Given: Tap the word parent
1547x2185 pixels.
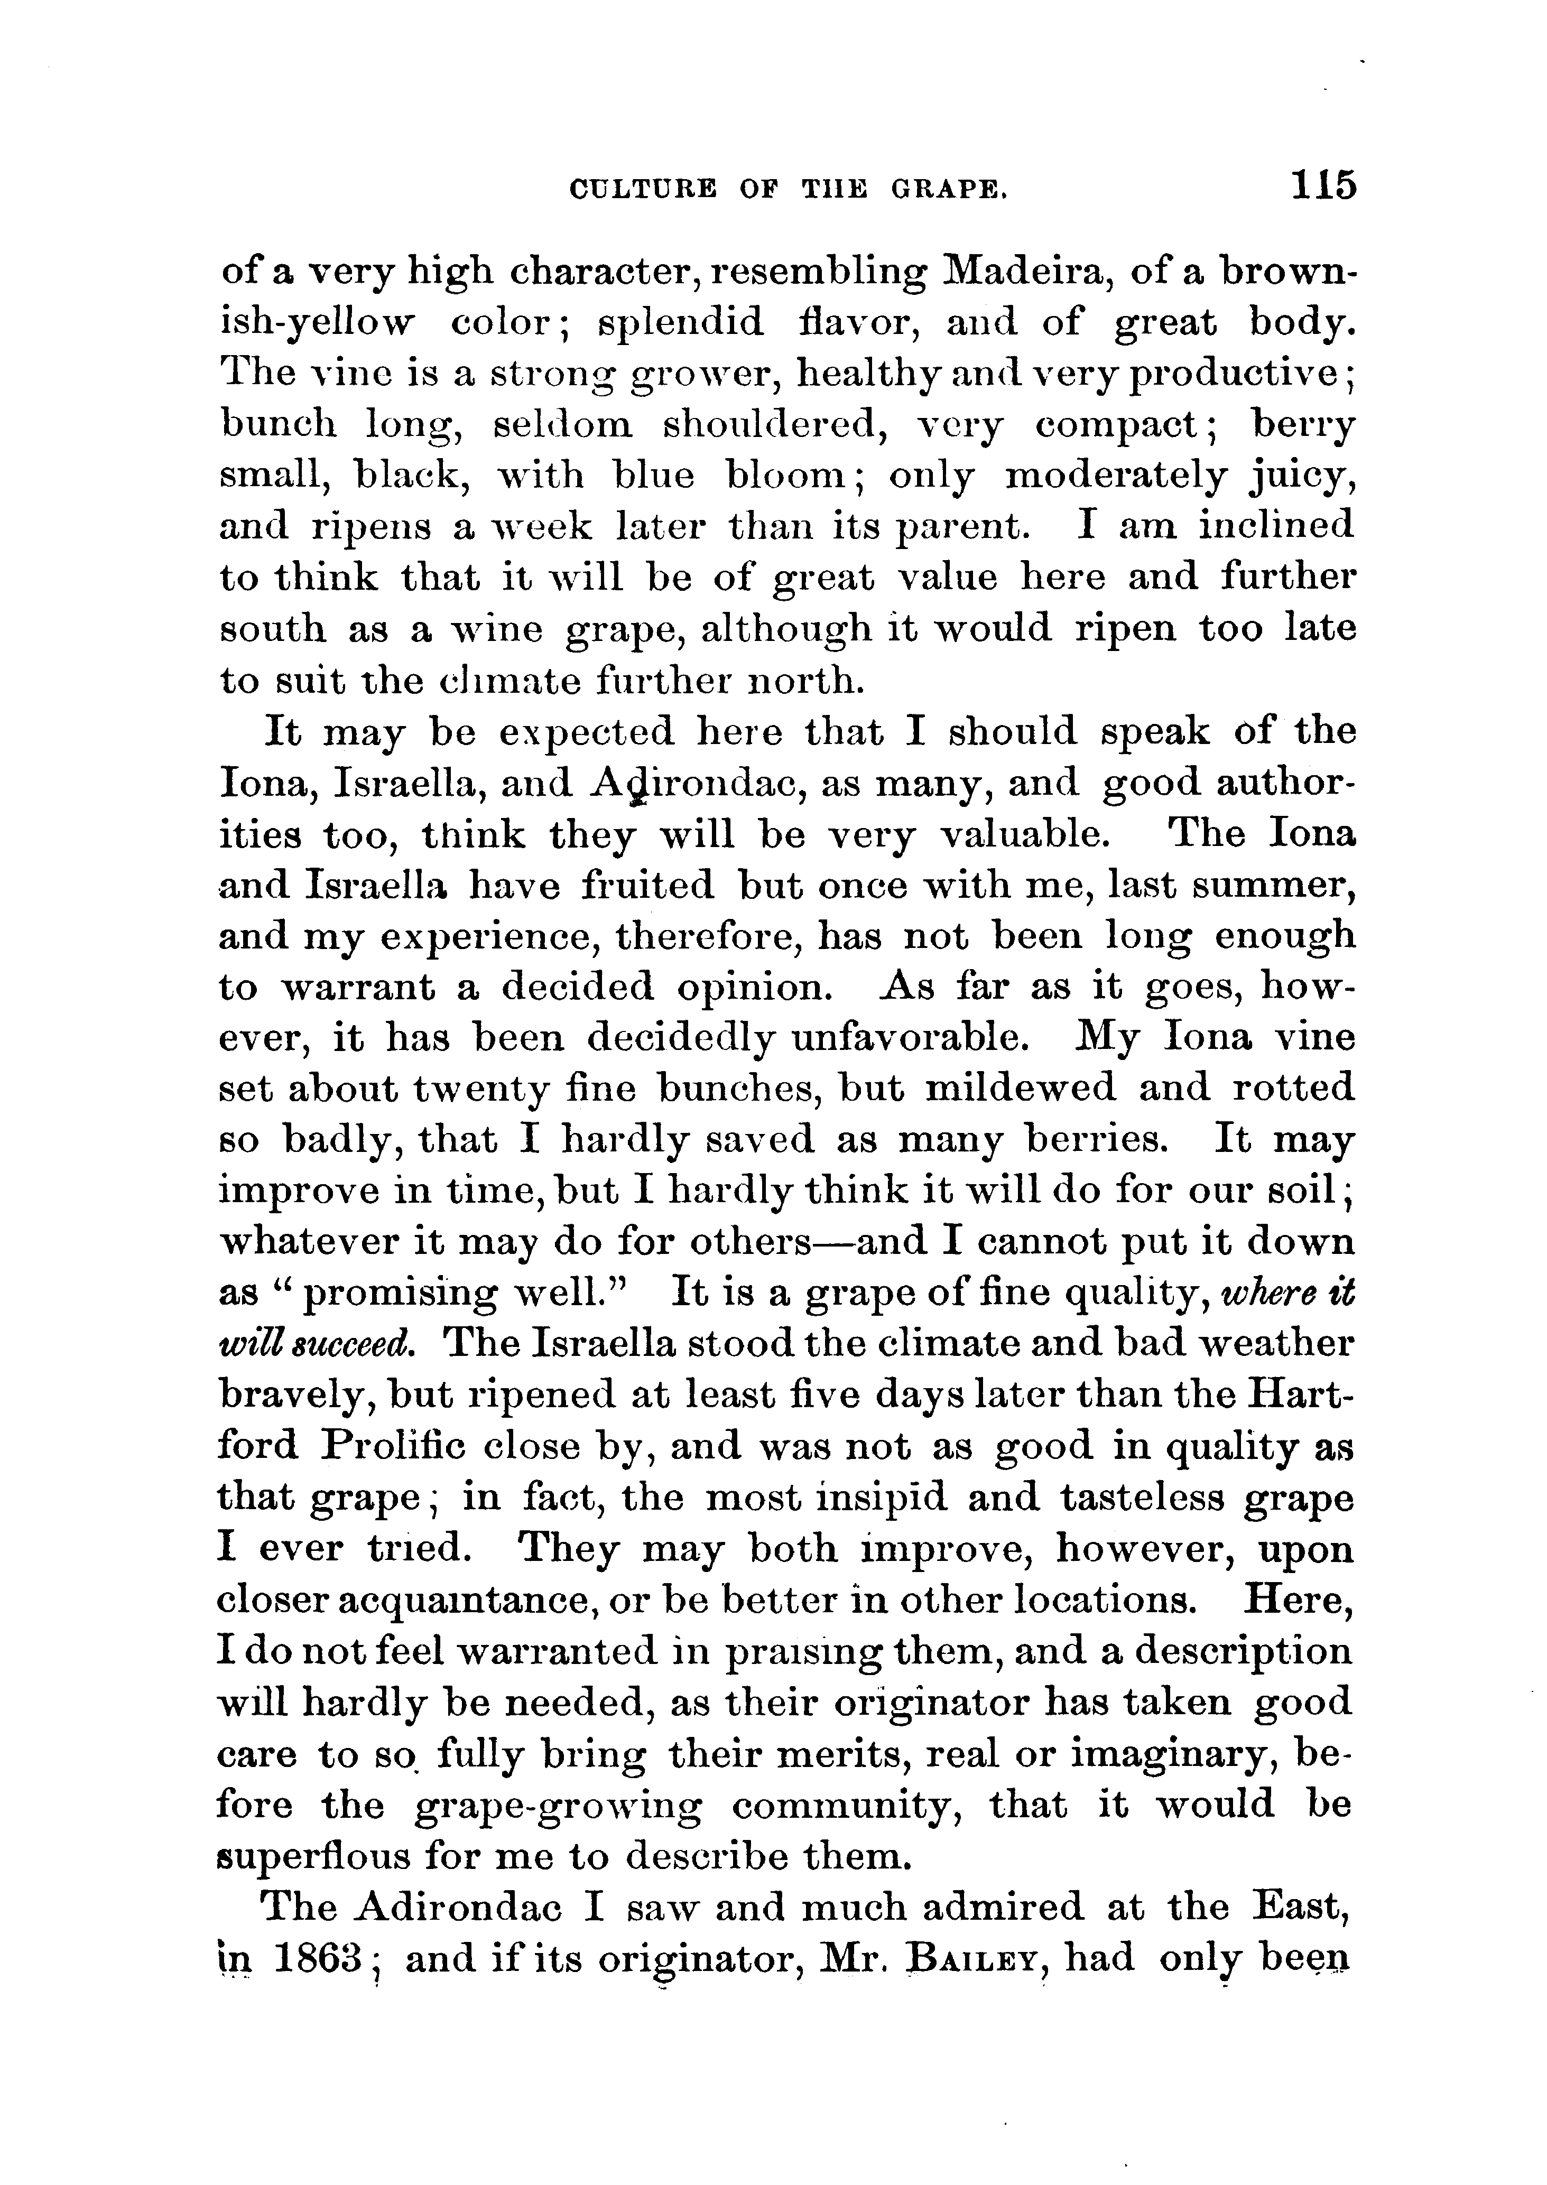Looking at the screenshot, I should point(962,527).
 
